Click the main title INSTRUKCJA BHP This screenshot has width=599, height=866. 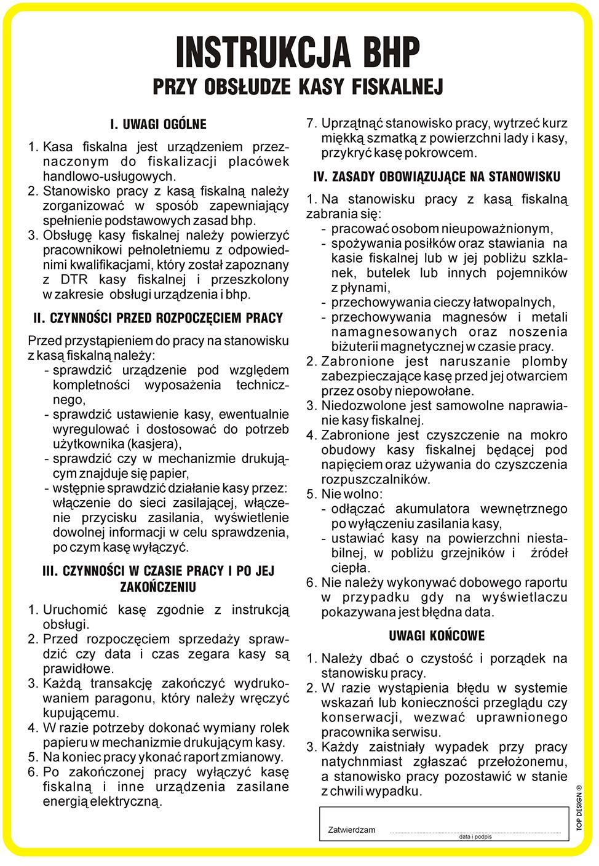point(298,52)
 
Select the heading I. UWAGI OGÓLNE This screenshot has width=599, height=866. point(158,125)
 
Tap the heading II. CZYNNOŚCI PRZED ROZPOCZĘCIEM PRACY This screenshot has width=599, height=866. point(158,319)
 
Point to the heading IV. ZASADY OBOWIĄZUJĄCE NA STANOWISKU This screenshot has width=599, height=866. point(437,178)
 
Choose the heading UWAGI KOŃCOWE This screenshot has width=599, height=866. point(437,636)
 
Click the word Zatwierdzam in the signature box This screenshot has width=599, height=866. point(352,830)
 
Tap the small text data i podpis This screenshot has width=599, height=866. point(475,837)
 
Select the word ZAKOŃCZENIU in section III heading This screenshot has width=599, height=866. point(158,587)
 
